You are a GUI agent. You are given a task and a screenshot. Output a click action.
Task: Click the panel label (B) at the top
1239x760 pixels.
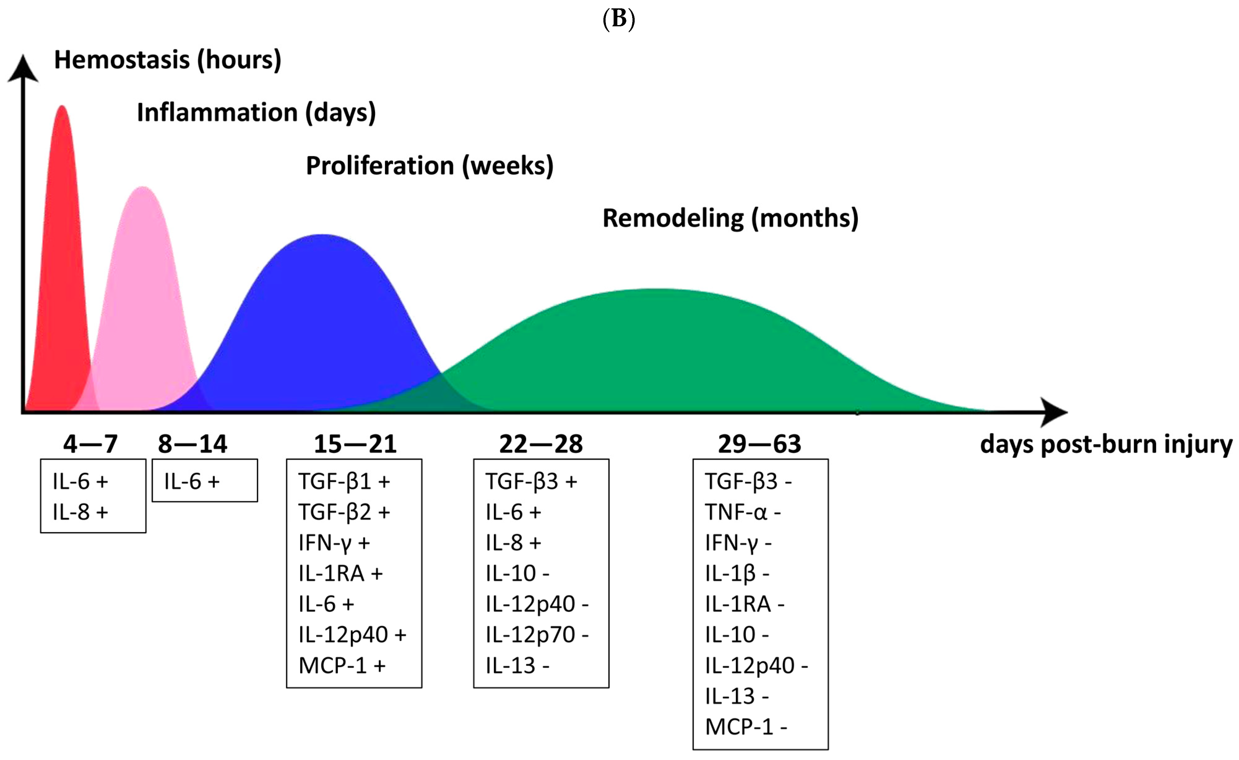click(x=619, y=19)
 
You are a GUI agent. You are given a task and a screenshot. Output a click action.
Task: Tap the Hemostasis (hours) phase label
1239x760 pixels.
click(x=167, y=60)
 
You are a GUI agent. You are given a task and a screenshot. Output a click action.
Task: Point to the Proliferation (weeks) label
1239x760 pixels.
click(x=430, y=166)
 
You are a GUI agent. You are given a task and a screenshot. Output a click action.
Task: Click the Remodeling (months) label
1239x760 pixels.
click(x=730, y=218)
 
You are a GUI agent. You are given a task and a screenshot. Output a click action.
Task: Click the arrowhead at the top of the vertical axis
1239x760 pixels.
click(x=23, y=68)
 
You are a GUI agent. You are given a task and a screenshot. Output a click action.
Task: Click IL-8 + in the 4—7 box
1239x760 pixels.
click(x=80, y=512)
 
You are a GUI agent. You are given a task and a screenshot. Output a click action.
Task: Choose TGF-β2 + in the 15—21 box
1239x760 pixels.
click(x=344, y=512)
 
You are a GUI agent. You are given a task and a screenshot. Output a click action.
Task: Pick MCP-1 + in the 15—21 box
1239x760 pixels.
click(x=342, y=666)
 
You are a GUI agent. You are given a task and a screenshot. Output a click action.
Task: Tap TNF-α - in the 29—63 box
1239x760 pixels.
click(x=742, y=512)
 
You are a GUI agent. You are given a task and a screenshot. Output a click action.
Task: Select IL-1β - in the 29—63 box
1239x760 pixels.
click(x=737, y=573)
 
